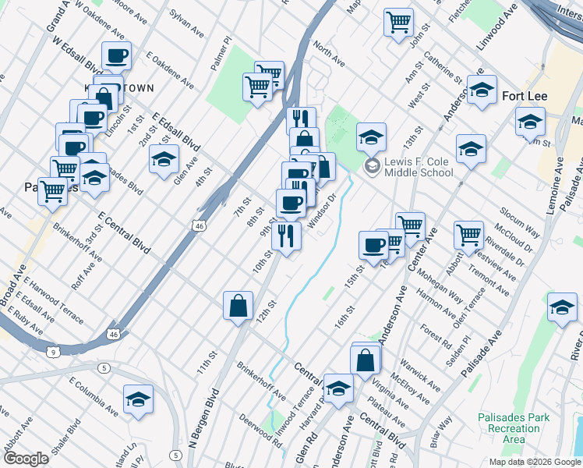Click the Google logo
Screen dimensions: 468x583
[x=26, y=459]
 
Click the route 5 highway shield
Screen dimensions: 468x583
[x=104, y=367]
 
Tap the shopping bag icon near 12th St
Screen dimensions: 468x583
[x=238, y=306]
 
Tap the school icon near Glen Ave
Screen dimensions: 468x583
[x=163, y=159]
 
